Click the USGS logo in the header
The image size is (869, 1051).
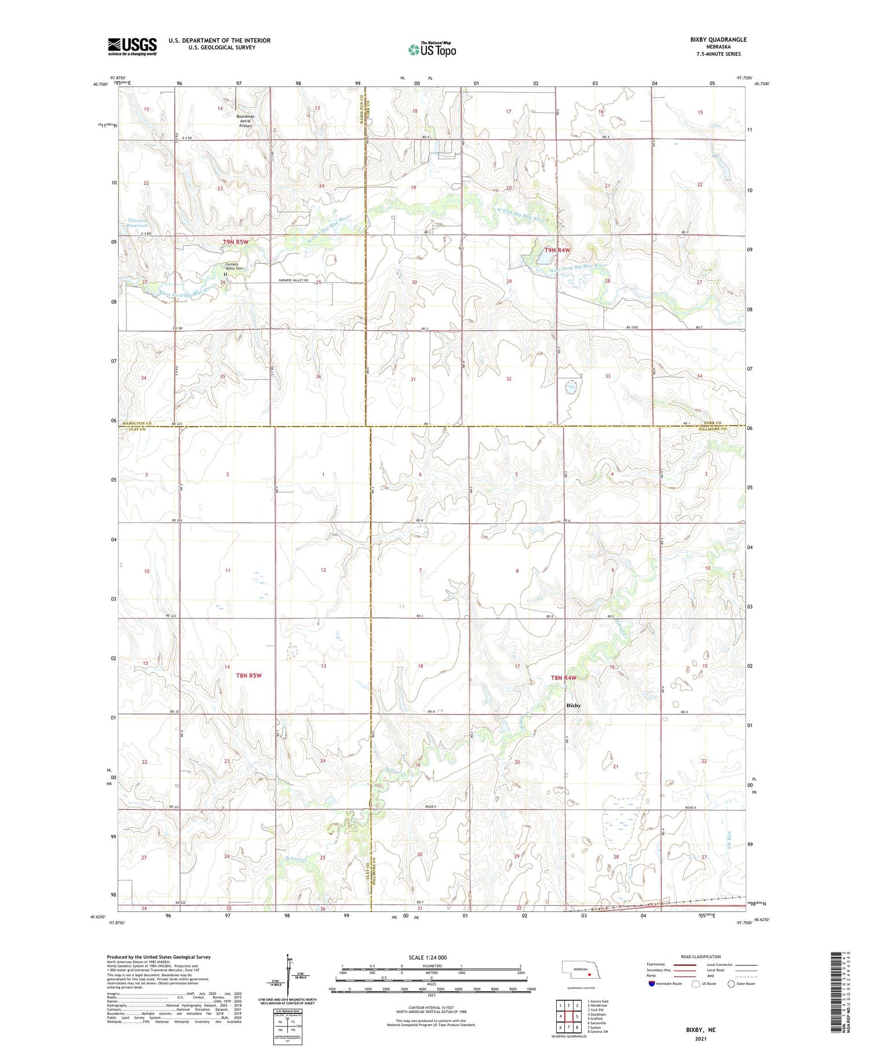click(x=132, y=46)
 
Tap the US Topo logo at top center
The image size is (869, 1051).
click(x=432, y=49)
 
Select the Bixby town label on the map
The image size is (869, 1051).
click(x=573, y=705)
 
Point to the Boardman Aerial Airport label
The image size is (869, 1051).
click(x=245, y=121)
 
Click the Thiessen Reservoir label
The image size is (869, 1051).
click(x=138, y=223)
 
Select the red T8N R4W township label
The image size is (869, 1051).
click(x=563, y=678)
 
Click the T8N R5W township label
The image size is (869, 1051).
click(x=249, y=675)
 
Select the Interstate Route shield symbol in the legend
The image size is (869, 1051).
click(x=652, y=983)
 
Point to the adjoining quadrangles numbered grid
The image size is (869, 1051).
click(x=569, y=1016)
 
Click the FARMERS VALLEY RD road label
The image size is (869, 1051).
click(x=293, y=281)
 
